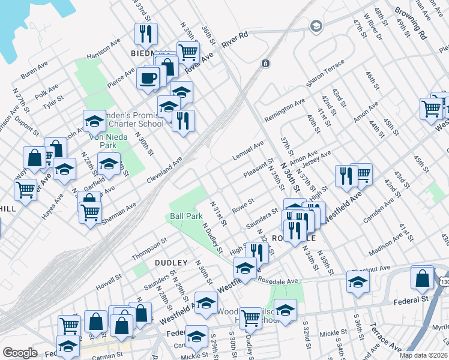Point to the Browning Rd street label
click(411, 23)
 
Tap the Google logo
click(20, 353)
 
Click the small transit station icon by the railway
click(265, 63)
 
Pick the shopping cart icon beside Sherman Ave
click(90, 211)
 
